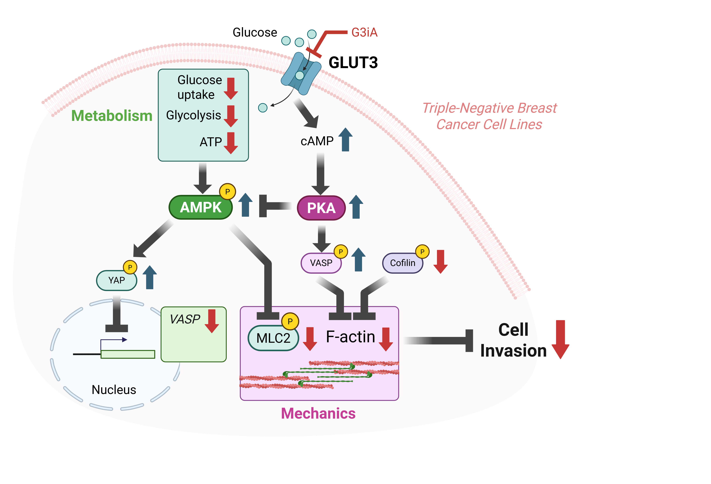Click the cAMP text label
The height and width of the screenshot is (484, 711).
[x=317, y=141]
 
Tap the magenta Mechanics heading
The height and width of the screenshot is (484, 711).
[x=318, y=413]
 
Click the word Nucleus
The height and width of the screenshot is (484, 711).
[x=114, y=390]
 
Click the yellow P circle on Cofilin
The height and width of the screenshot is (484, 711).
[x=422, y=252]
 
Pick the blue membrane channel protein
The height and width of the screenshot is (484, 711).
[x=301, y=73]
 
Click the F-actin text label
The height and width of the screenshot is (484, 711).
[x=350, y=337]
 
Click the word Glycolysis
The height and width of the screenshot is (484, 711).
[x=193, y=115]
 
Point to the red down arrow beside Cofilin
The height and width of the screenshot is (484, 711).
[x=440, y=261]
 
